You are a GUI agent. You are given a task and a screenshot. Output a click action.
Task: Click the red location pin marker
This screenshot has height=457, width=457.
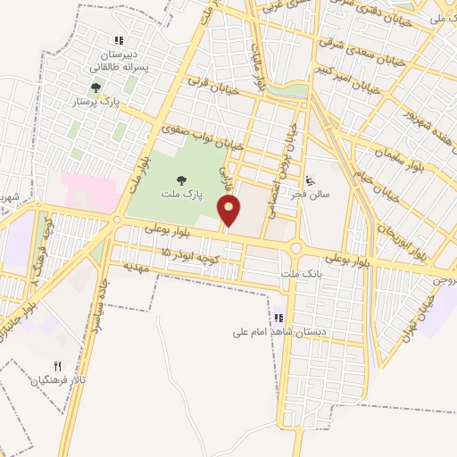tap(229, 212)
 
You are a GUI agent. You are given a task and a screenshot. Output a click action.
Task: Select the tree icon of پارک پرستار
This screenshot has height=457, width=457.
tap(96, 87)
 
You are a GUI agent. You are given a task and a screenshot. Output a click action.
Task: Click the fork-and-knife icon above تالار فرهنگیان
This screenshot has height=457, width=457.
tap(58, 366)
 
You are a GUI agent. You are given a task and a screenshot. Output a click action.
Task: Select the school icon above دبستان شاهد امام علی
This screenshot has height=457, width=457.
tap(278, 317)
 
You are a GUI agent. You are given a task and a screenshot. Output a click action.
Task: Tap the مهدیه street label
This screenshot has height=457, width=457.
tap(127, 265)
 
